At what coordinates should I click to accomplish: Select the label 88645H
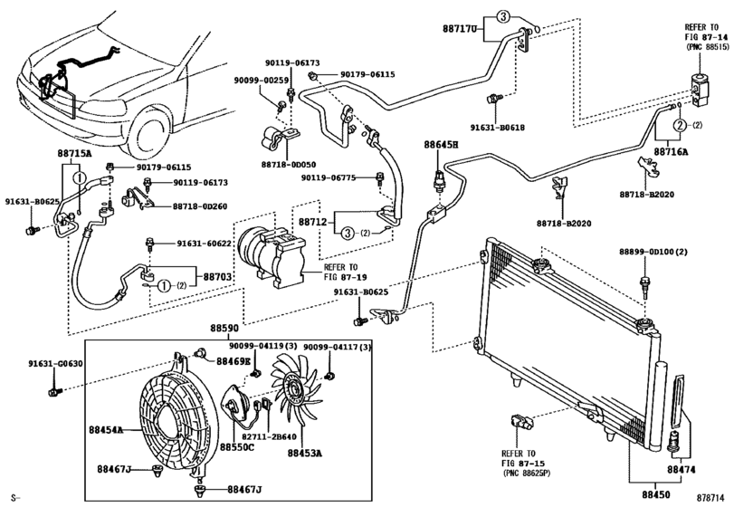[x=442, y=145]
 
